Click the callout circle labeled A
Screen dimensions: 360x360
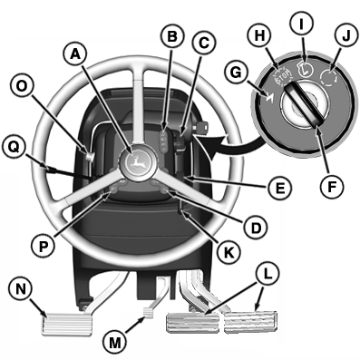point(75,54)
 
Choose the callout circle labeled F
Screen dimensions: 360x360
point(332,187)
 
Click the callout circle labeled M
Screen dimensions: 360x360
point(114,343)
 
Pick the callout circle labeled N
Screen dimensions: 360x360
point(20,289)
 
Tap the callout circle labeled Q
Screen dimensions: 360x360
point(13,147)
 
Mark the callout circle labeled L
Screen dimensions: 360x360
point(268,274)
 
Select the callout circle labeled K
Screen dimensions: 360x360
point(228,252)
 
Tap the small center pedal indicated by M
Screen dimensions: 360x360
point(149,312)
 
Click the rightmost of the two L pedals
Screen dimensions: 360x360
point(248,322)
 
